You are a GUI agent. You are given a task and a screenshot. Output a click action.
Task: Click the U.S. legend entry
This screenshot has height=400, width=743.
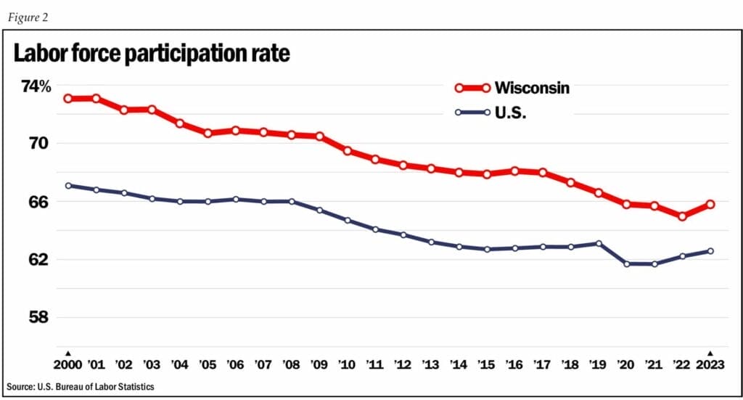(x=511, y=113)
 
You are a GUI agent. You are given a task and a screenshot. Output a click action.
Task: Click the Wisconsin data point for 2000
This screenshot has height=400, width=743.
(x=68, y=99)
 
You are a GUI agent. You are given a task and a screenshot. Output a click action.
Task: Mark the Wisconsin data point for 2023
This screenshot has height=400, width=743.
(x=710, y=205)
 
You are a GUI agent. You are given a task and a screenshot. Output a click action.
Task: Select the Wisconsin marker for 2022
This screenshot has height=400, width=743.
(x=682, y=216)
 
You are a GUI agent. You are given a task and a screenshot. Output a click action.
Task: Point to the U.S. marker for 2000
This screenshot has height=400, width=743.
(x=68, y=186)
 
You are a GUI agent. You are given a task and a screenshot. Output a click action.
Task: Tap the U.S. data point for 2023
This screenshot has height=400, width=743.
(x=710, y=251)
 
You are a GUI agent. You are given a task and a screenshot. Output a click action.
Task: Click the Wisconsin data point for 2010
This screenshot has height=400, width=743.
(x=348, y=151)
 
